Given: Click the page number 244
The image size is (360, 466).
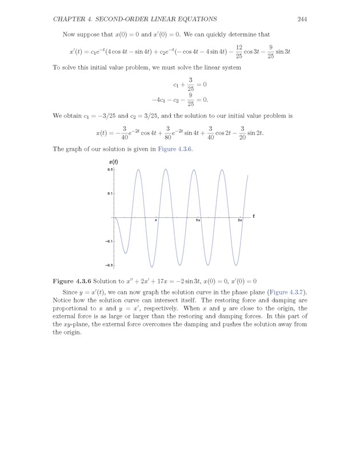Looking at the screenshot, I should (x=303, y=19).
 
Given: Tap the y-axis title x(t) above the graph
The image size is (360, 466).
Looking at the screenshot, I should (x=113, y=163).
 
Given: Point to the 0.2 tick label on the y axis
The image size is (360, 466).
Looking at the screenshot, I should (x=110, y=170).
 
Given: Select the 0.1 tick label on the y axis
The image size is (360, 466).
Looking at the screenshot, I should (x=110, y=193).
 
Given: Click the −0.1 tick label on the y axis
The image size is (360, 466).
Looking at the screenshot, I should (x=109, y=241).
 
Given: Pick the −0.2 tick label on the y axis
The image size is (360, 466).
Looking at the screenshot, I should (x=109, y=265).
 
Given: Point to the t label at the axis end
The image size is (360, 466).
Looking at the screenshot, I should (x=253, y=217).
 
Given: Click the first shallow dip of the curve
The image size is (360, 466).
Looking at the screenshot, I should (x=125, y=253).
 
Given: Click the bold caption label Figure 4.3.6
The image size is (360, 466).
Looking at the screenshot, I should (x=71, y=281).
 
